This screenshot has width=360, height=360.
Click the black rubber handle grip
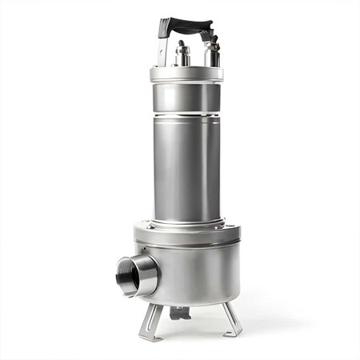click(186, 26)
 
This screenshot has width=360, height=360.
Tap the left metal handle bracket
click(164, 50)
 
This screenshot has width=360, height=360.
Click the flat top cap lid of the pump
click(186, 73)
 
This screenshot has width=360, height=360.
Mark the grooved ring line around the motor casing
click(186, 117)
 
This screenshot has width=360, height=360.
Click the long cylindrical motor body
click(186, 168)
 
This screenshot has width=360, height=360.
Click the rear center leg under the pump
click(179, 312)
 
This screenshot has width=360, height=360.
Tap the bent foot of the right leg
click(234, 330)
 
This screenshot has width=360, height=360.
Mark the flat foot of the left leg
click(146, 336)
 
